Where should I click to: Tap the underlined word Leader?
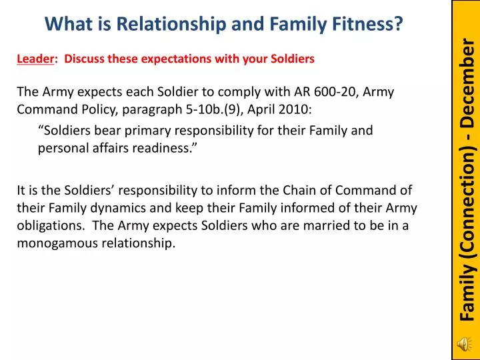coord(35,59)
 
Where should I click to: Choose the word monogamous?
coord(57,243)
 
